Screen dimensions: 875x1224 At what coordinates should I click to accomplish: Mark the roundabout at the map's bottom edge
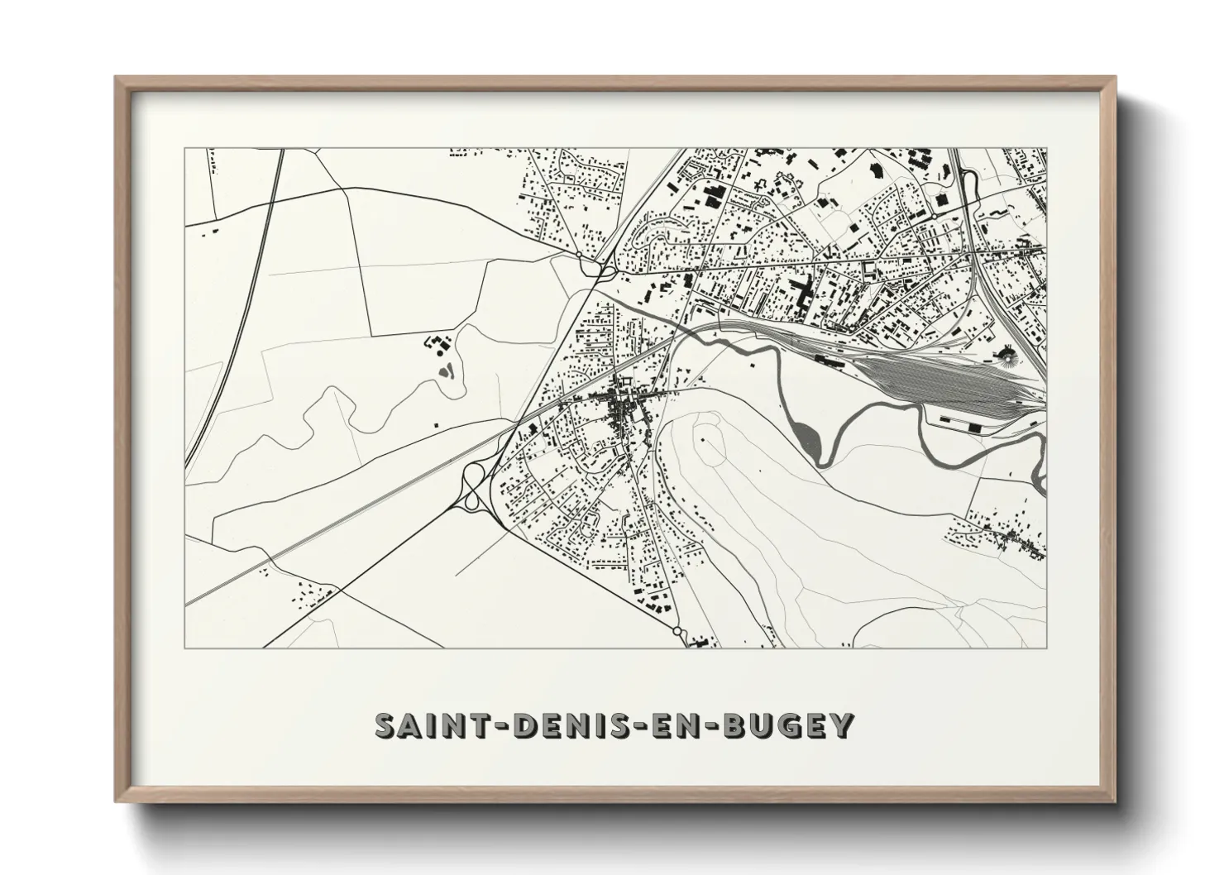(678, 632)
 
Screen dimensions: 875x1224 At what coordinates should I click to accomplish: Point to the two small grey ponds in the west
(447, 370)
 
